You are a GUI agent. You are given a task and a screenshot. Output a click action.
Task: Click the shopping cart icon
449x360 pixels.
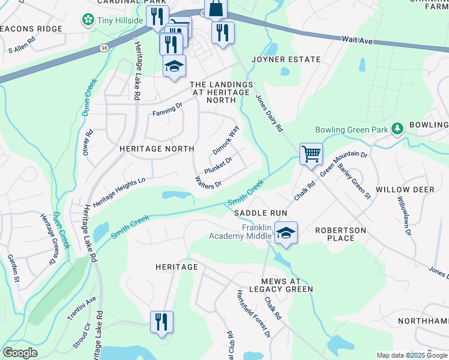pos(311,154)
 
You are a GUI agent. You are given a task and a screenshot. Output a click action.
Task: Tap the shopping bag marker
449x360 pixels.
pos(215,9)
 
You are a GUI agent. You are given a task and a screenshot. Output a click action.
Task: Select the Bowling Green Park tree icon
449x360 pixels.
pos(396,129)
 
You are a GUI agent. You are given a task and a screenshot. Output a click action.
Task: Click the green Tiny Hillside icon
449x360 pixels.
pos(88,20)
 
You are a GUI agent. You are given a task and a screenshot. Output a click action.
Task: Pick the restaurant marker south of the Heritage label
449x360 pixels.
pos(161,321)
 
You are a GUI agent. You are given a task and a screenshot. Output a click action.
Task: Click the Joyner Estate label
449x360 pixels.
pos(277,59)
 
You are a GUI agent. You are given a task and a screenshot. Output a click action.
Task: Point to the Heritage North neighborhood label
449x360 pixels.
pos(157,148)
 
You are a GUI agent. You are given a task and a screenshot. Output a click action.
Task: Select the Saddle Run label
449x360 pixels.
pos(261,213)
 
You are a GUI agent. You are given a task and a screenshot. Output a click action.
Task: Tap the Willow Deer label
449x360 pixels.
pos(405,189)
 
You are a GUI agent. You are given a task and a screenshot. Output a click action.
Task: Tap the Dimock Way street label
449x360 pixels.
pos(226,139)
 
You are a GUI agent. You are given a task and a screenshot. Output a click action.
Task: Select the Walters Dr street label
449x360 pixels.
pos(209,179)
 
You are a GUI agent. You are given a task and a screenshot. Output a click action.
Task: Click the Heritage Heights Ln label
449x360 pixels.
pos(119,189)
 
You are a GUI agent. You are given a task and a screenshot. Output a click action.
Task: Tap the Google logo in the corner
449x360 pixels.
pos(20,352)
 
